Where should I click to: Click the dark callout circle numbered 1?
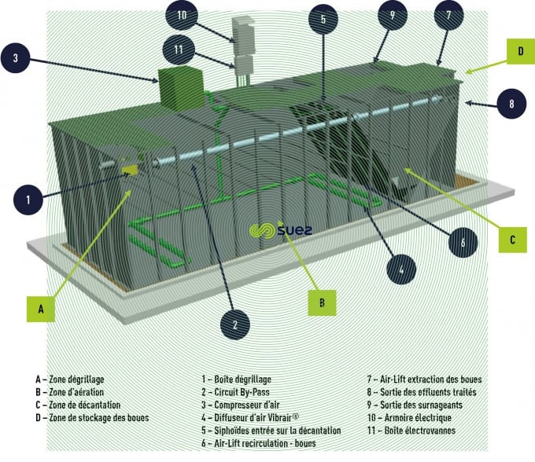[x=28, y=200]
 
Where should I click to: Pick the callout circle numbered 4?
[x=402, y=270]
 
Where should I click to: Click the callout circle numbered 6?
[x=463, y=243]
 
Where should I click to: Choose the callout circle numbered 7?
[x=448, y=16]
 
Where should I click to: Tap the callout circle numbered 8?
[x=511, y=103]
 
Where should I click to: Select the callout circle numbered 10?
[x=182, y=16]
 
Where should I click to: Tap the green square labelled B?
[x=320, y=299]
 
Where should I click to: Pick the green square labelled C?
[x=512, y=238]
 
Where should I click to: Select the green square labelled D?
[x=520, y=53]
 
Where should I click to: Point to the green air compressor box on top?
[x=180, y=86]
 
